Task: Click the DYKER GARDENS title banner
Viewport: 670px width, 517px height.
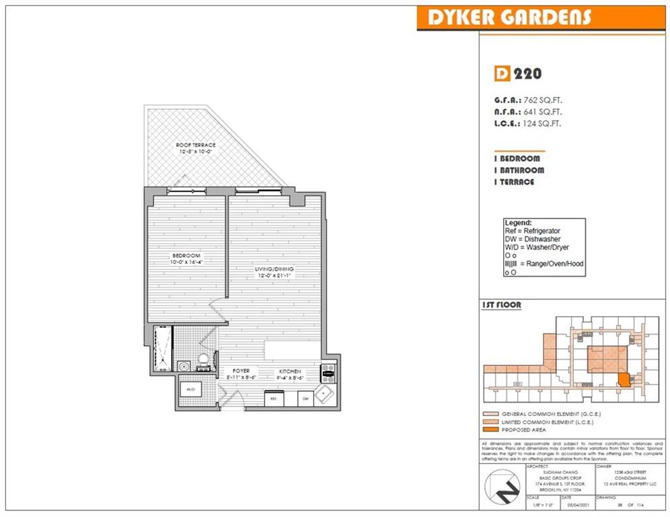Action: [505, 18]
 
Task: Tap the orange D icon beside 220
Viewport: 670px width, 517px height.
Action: [500, 74]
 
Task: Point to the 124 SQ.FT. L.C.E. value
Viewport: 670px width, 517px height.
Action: [542, 123]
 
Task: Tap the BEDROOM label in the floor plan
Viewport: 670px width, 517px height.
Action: [186, 256]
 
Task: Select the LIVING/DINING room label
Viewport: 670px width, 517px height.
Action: [274, 270]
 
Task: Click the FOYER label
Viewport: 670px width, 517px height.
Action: [241, 371]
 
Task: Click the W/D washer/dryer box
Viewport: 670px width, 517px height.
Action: [190, 390]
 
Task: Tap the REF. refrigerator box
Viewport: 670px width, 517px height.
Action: [274, 399]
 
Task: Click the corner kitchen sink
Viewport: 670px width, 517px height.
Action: [326, 393]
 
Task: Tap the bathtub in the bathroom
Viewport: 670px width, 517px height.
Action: [162, 348]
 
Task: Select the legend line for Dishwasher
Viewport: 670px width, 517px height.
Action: [531, 240]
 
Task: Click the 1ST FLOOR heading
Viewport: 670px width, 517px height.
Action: [502, 305]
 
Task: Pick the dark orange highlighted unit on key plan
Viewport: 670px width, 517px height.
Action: [624, 380]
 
